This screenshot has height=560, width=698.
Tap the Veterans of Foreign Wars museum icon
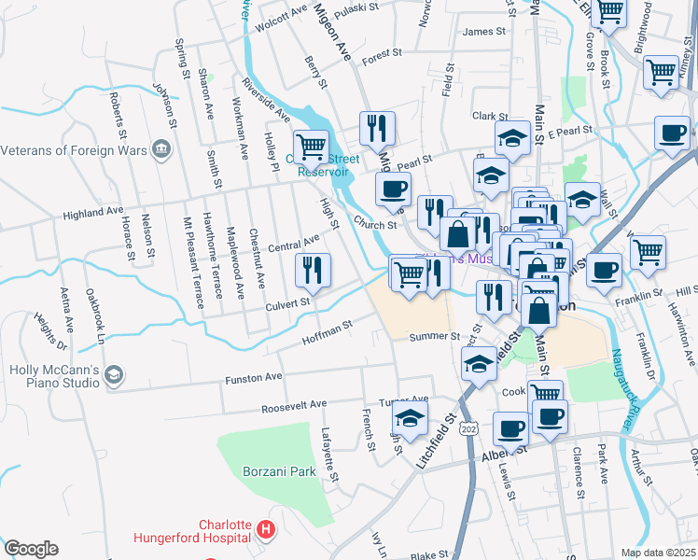[162, 149]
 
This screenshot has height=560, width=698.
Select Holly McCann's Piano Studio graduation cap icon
[113, 375]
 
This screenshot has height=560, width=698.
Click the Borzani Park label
[277, 471]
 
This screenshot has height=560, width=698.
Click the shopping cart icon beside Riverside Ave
[311, 147]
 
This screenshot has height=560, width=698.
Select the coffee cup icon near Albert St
[510, 430]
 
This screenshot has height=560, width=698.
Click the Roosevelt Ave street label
[294, 405]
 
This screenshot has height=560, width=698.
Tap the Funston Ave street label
[253, 377]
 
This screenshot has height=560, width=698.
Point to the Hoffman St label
[327, 333]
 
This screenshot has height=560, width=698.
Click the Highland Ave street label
[93, 214]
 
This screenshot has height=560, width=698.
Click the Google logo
[32, 548]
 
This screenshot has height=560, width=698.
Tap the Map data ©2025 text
[658, 553]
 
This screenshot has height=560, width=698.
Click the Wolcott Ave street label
[281, 16]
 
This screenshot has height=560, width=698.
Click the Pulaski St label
[357, 7]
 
